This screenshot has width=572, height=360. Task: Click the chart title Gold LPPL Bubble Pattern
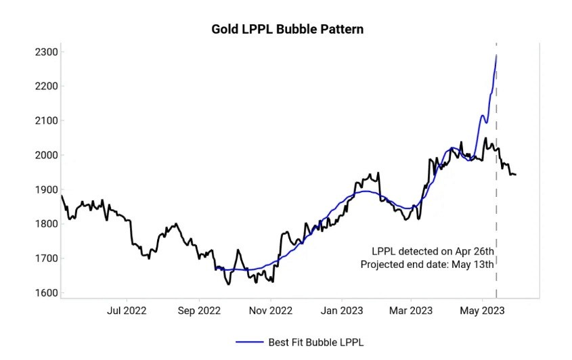click(288, 29)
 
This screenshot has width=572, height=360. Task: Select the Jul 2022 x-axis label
click(127, 311)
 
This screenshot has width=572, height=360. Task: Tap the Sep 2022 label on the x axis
click(198, 311)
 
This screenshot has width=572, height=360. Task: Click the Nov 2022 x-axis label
click(270, 311)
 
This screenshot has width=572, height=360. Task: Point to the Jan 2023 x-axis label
click(341, 311)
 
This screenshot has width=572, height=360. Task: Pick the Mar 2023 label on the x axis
click(411, 311)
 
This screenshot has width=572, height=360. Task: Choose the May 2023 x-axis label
click(482, 311)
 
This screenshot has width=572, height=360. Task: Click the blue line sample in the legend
click(249, 342)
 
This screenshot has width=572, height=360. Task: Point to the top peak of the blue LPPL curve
click(496, 55)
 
